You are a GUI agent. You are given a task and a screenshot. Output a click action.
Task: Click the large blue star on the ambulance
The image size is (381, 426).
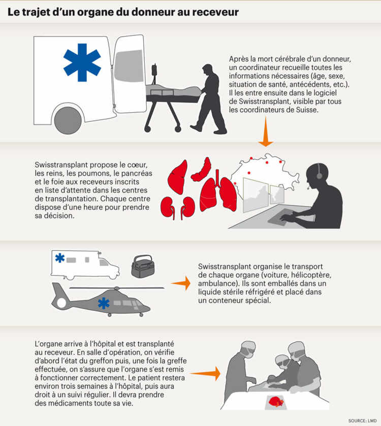click(82, 62)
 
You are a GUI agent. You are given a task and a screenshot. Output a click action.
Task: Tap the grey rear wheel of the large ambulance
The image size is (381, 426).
click(68, 120)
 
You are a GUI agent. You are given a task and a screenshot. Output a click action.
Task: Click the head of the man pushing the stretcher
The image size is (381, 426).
click(208, 71)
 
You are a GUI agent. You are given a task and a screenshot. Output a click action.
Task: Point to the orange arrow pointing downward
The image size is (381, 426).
click(266, 132)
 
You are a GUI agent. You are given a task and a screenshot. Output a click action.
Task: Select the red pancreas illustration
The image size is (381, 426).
click(201, 170)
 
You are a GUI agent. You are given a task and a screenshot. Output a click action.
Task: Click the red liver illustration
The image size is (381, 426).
click(178, 177)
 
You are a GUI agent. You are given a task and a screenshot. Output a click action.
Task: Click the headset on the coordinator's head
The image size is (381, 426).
click(319, 173)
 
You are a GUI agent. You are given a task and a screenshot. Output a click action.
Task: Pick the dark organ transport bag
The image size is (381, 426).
click(143, 266)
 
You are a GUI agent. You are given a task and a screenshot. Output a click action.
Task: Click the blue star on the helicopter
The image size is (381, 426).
click(104, 304)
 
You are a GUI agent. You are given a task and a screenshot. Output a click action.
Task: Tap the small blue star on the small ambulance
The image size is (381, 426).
click(60, 257)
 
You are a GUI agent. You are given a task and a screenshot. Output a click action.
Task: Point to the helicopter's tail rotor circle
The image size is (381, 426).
click(61, 303)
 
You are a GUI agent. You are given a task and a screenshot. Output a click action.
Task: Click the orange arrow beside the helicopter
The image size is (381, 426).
click(181, 283)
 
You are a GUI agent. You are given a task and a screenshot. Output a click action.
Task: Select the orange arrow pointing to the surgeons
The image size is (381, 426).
click(205, 373)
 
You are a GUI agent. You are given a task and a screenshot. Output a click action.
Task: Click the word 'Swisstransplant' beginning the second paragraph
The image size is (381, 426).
click(61, 165)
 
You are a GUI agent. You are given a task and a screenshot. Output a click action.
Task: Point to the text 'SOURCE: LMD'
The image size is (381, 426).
click(363, 421)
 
